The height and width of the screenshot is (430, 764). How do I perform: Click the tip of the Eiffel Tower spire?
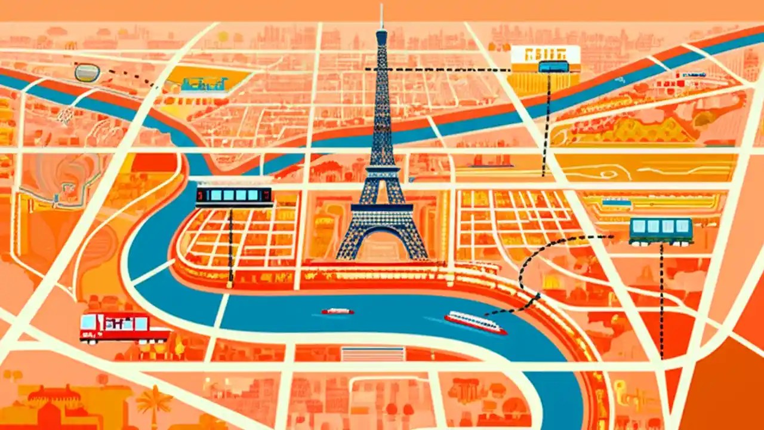[381, 6]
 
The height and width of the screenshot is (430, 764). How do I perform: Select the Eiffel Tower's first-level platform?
[382, 208]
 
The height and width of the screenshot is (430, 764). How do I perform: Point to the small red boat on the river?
[337, 311]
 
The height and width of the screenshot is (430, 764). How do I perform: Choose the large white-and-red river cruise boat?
[475, 322]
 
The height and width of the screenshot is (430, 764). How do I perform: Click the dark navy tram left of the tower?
[233, 195]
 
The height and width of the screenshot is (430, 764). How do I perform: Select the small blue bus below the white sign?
[553, 66]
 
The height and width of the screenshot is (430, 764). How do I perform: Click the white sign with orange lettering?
[546, 54]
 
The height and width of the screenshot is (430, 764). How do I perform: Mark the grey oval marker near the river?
[87, 73]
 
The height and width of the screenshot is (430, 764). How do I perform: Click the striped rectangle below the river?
[372, 354]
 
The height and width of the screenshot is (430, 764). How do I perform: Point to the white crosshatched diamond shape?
[64, 115]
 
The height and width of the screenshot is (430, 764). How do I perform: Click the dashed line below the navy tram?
[230, 245]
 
